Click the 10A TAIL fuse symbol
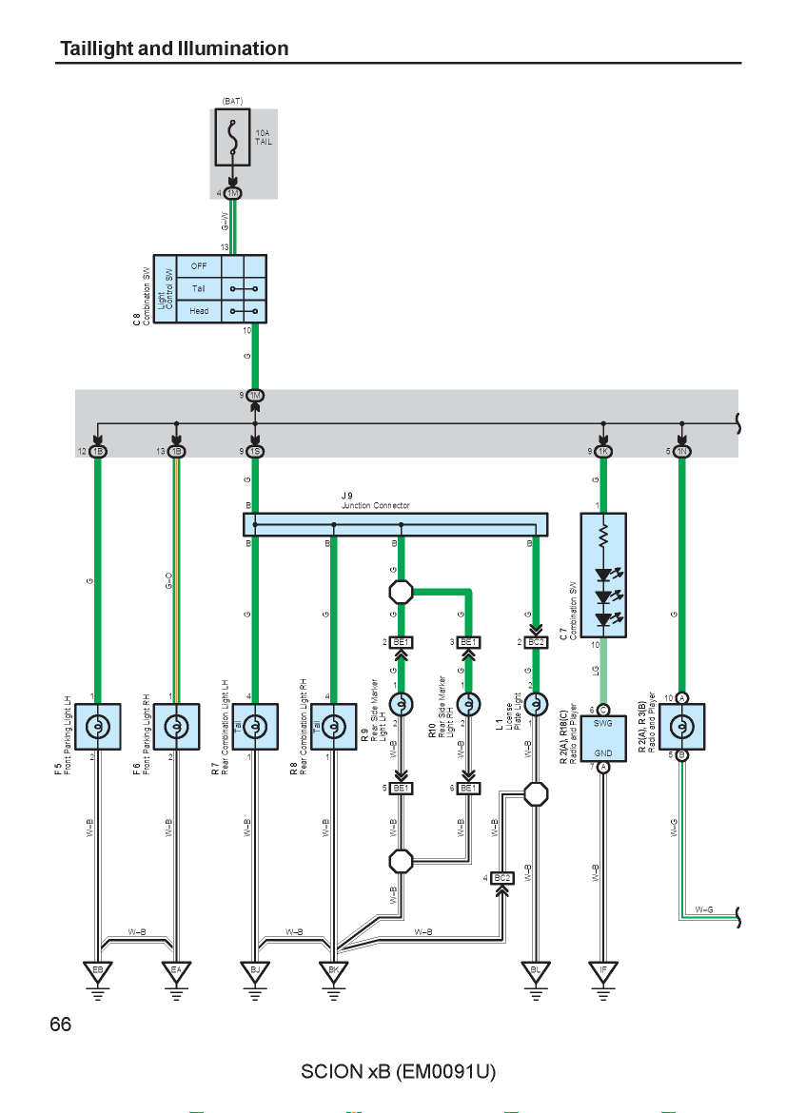232,137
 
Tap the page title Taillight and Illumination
175,49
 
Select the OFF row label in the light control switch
199,266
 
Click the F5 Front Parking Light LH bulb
98,727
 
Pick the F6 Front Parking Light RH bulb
176,727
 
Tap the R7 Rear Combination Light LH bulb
255,727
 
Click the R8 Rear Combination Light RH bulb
334,727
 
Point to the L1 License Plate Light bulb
536,704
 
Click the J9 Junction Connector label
376,500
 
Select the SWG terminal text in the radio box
602,723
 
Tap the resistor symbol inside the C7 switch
603,537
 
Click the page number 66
61,1025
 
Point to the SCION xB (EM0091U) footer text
399,1071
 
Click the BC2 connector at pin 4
502,878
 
